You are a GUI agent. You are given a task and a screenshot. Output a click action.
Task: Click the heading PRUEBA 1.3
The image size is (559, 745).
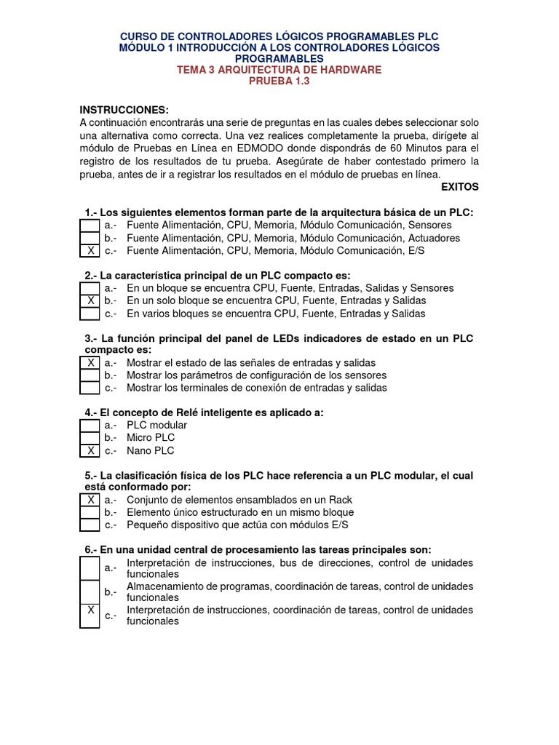tap(279, 81)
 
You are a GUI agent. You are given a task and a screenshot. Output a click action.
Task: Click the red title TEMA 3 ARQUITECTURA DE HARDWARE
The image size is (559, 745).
tap(279, 70)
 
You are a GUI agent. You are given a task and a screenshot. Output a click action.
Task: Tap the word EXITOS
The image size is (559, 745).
tap(460, 187)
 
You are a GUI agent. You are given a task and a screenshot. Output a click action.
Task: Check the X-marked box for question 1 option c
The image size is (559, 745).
tap(90, 251)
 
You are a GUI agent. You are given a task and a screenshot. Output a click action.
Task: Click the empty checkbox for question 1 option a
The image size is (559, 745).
tap(90, 226)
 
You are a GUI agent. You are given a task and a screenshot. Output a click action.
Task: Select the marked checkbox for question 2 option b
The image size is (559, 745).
tap(90, 300)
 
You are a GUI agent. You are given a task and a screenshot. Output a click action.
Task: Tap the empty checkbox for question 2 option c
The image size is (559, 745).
tap(90, 314)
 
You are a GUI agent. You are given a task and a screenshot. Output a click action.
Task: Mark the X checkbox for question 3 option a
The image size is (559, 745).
tap(90, 363)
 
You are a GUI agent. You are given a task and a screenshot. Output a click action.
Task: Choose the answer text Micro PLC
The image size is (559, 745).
tap(151, 438)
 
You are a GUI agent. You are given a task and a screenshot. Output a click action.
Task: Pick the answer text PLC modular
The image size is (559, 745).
tap(156, 425)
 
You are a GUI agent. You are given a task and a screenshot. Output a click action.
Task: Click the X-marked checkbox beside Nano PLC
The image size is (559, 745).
tap(90, 451)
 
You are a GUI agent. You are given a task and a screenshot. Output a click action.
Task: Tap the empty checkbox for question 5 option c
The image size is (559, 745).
tap(90, 525)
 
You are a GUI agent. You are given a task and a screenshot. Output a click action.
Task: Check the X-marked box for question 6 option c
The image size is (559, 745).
tap(90, 615)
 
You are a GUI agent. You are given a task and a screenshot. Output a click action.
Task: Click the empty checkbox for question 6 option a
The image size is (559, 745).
tap(90, 568)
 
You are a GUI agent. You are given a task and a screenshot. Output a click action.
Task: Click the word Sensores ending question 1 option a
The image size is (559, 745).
tap(429, 226)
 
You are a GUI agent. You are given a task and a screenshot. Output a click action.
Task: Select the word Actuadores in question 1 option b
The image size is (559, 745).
tap(434, 238)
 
